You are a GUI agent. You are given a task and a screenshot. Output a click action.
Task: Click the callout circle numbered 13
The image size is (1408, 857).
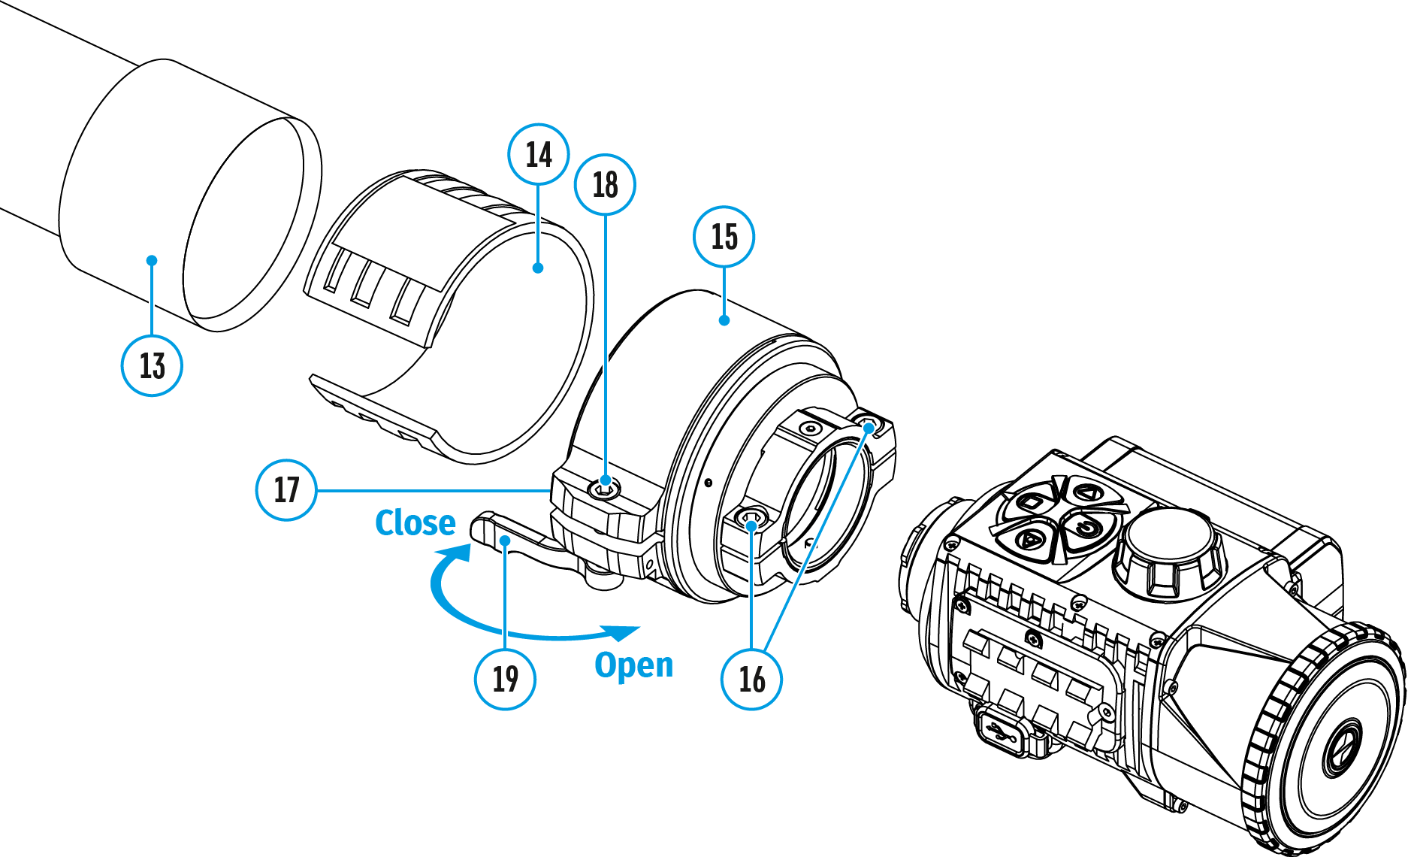(152, 366)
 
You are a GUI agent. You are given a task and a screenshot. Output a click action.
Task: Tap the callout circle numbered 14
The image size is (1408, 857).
(539, 155)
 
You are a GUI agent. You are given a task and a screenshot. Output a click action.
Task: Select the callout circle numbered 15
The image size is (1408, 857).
(724, 237)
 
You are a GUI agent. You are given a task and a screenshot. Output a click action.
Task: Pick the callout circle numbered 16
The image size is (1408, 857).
(751, 679)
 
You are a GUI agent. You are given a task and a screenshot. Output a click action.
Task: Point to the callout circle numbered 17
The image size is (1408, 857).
(286, 490)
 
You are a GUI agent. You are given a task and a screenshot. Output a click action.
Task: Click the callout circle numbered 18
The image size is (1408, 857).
(605, 185)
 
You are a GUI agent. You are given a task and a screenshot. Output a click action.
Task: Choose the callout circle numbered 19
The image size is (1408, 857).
(505, 680)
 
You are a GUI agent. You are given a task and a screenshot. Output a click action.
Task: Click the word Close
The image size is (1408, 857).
(415, 522)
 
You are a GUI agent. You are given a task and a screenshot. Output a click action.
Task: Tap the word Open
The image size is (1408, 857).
(633, 665)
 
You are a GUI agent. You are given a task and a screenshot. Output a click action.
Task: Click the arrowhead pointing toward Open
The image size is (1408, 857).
(623, 632)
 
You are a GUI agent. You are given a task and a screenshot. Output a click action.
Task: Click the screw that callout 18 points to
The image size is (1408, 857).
(604, 489)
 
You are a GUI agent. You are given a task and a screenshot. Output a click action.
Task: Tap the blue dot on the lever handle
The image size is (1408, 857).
(506, 541)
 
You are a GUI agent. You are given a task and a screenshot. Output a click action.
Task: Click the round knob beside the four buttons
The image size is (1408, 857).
(1169, 549)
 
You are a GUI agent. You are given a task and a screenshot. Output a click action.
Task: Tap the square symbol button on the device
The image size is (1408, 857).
(1030, 502)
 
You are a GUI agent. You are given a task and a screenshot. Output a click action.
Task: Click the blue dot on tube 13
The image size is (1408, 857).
(152, 261)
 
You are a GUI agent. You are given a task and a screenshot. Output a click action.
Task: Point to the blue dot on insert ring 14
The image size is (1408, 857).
(538, 268)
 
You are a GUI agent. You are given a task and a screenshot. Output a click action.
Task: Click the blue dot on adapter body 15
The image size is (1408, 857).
(724, 320)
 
